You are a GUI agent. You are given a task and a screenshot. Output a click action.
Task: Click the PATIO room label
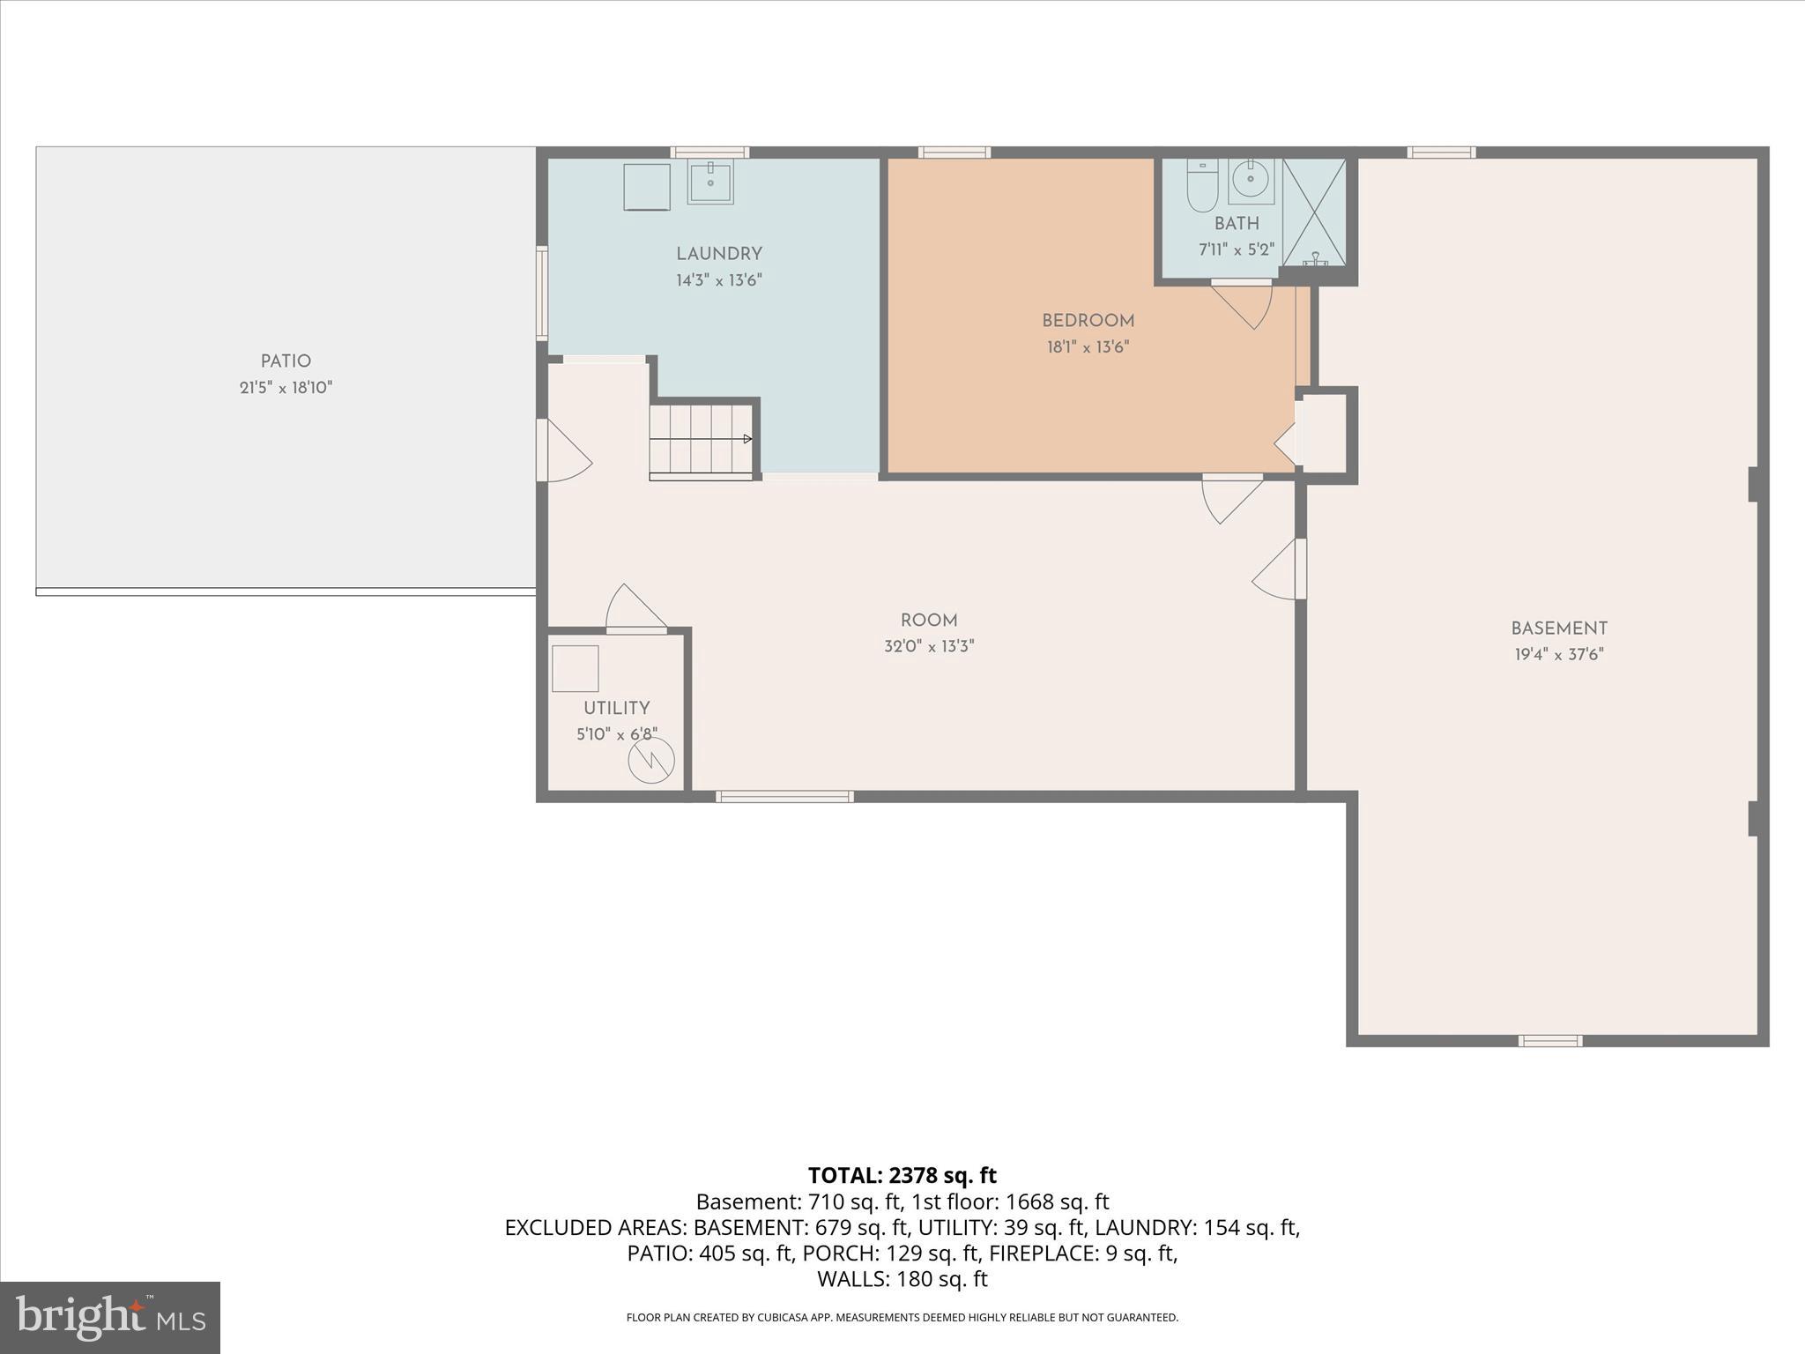click(x=286, y=361)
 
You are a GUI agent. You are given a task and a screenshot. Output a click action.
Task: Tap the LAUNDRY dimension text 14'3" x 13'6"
click(x=718, y=280)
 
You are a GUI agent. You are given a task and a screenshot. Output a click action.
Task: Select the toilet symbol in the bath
click(x=1201, y=187)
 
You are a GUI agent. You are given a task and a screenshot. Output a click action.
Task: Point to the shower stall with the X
click(x=1314, y=212)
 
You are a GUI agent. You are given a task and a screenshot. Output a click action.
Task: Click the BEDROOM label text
click(x=1088, y=321)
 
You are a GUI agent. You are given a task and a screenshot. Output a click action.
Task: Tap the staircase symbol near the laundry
click(x=702, y=440)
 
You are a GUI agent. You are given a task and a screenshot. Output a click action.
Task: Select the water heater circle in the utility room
click(x=651, y=759)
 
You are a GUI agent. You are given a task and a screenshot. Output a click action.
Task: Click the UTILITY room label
click(x=616, y=708)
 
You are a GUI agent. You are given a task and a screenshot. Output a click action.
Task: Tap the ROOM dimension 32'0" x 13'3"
click(x=929, y=646)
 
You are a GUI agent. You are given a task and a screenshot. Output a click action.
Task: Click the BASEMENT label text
click(x=1558, y=629)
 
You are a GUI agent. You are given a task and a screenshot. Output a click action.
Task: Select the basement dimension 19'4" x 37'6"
click(x=1558, y=655)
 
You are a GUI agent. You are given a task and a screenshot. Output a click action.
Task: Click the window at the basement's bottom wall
click(x=1549, y=1041)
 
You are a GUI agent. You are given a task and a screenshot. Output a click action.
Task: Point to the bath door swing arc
click(x=1246, y=304)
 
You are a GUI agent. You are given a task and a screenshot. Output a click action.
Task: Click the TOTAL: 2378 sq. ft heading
click(x=902, y=1175)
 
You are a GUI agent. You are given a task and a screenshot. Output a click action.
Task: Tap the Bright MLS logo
click(x=110, y=1317)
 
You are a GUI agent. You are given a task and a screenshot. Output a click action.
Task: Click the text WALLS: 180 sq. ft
click(x=902, y=1278)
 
